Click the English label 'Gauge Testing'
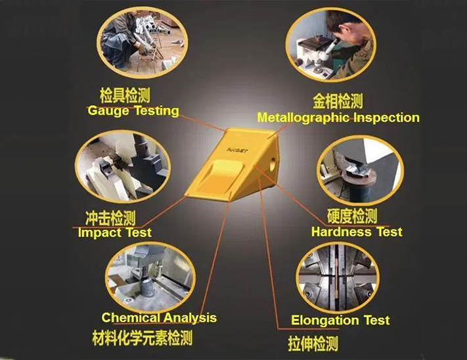click(x=133, y=111)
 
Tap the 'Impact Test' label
click(x=114, y=233)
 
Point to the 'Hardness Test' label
click(x=357, y=232)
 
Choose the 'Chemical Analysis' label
click(x=159, y=318)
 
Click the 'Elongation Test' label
click(x=340, y=321)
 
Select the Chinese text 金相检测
click(x=338, y=101)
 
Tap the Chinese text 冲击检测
click(x=110, y=217)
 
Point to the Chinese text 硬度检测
click(x=352, y=216)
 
